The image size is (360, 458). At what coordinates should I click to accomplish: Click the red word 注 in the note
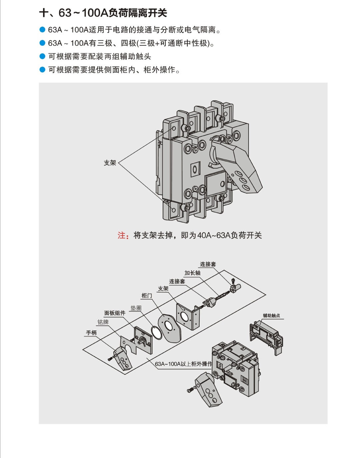click(x=121, y=235)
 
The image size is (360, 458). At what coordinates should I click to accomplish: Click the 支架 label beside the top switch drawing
click(x=110, y=163)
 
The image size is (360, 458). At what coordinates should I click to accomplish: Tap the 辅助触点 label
click(x=271, y=315)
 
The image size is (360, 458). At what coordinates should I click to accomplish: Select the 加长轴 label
click(x=192, y=273)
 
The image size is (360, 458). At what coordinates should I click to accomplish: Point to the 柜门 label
click(x=147, y=295)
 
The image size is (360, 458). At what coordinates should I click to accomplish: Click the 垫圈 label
click(x=136, y=308)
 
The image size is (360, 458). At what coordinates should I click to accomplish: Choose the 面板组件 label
click(x=115, y=313)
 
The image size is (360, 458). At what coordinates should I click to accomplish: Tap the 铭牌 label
click(x=103, y=322)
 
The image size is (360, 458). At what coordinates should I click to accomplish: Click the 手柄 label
click(x=91, y=333)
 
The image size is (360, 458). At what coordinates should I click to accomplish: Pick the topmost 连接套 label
click(x=208, y=264)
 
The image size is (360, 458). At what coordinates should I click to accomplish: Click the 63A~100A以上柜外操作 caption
click(x=183, y=364)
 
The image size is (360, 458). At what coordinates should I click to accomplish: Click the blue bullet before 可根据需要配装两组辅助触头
click(x=42, y=56)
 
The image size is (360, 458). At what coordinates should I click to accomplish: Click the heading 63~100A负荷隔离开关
click(x=103, y=13)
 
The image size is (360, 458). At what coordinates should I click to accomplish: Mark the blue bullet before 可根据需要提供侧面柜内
click(x=42, y=70)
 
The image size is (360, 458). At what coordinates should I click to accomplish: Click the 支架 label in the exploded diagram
click(x=163, y=288)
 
